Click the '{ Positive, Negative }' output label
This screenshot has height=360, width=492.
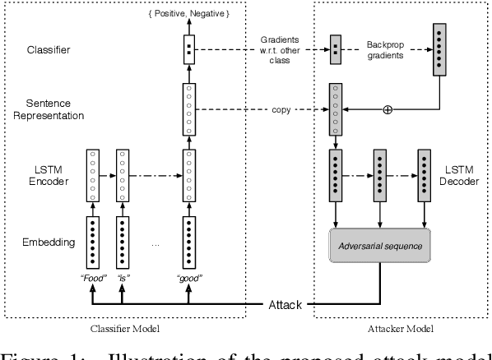[x=188, y=15]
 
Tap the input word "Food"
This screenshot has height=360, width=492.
[x=93, y=279]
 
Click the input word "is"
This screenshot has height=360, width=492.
[x=124, y=279]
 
